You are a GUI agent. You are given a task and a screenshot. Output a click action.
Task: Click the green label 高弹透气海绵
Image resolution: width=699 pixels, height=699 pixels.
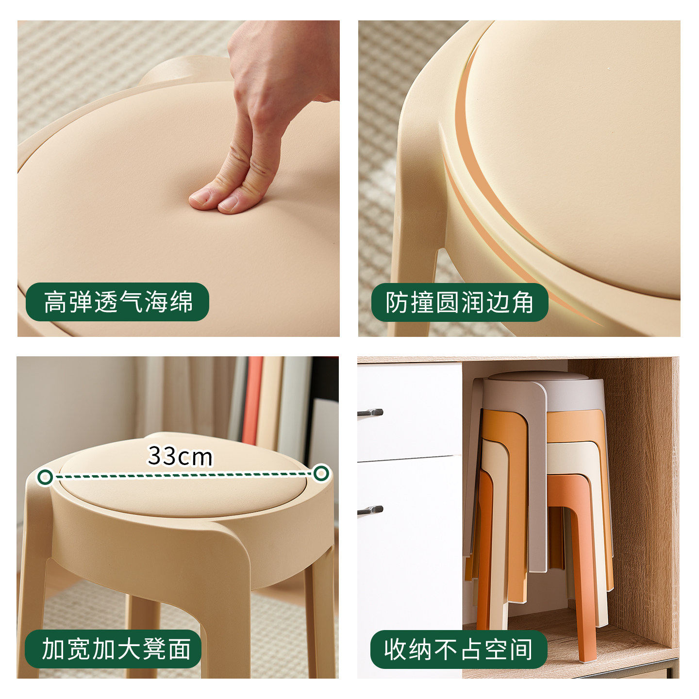coord(117,302)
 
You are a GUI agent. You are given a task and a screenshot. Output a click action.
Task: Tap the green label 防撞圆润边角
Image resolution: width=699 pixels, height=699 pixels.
coord(459,302)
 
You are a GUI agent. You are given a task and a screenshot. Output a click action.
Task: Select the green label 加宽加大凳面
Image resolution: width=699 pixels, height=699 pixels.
coord(114,649)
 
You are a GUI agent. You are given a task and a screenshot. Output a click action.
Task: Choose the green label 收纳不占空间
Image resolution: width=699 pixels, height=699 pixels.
coord(459,649)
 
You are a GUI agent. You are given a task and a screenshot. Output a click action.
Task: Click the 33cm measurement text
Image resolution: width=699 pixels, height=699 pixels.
coord(180,456)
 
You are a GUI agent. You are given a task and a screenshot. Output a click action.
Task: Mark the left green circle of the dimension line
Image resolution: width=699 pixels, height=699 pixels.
coord(45,477)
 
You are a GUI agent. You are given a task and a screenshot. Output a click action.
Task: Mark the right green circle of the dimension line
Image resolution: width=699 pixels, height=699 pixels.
coord(321,473)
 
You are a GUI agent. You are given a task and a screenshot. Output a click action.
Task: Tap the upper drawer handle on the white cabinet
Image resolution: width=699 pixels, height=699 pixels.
coord(370,413)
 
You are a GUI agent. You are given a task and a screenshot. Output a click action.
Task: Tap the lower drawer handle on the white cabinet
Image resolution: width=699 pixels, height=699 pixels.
coord(370,510)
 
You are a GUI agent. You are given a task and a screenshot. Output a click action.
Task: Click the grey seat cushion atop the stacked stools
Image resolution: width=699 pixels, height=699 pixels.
coord(534,376)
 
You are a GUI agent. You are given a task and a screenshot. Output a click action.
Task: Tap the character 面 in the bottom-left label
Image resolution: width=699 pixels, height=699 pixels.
coord(179,649)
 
